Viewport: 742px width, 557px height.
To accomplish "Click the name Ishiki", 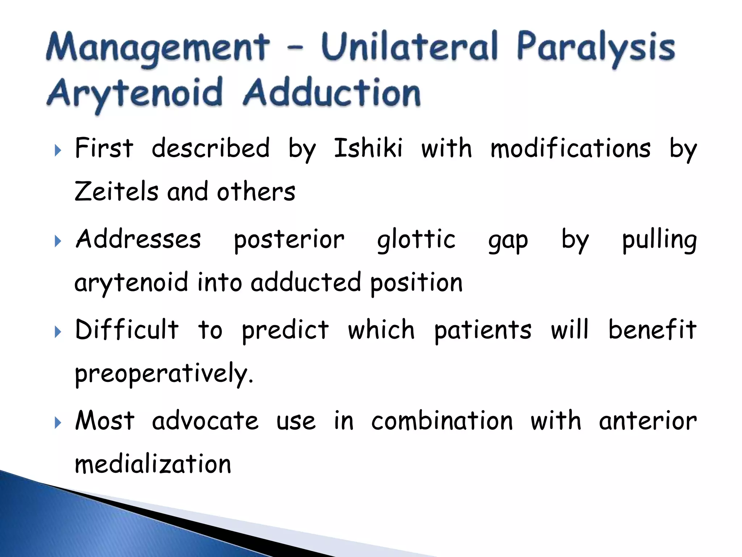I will pos(368,149).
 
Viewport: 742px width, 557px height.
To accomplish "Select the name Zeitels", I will pos(116,192).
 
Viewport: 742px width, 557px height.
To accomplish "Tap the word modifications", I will pos(570,149).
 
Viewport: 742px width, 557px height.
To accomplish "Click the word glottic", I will pos(416,240).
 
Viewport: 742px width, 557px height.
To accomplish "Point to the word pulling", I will pos(659,240).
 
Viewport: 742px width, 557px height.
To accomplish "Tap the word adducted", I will pos(306,282).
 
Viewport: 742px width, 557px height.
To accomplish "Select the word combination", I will pos(442,421).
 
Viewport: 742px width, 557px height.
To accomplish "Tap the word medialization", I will pos(153,465).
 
